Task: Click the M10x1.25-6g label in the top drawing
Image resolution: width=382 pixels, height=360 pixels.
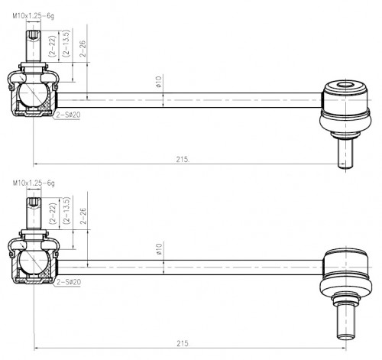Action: point(34,16)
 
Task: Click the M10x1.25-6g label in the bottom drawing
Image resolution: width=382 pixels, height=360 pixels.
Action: point(34,183)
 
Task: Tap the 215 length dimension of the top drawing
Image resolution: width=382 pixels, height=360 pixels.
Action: point(183,159)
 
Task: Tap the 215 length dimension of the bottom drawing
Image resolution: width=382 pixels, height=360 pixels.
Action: point(183,343)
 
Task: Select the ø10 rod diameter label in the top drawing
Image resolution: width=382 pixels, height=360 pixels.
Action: point(158,82)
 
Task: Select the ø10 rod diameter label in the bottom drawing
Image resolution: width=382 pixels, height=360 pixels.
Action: point(159,249)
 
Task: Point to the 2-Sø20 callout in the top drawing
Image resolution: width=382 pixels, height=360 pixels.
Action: point(68,115)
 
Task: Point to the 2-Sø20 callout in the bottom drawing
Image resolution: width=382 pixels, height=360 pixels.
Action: point(69,282)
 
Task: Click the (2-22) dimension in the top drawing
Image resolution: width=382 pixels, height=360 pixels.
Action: point(52,46)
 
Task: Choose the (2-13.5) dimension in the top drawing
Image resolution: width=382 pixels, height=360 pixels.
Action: point(66,43)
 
